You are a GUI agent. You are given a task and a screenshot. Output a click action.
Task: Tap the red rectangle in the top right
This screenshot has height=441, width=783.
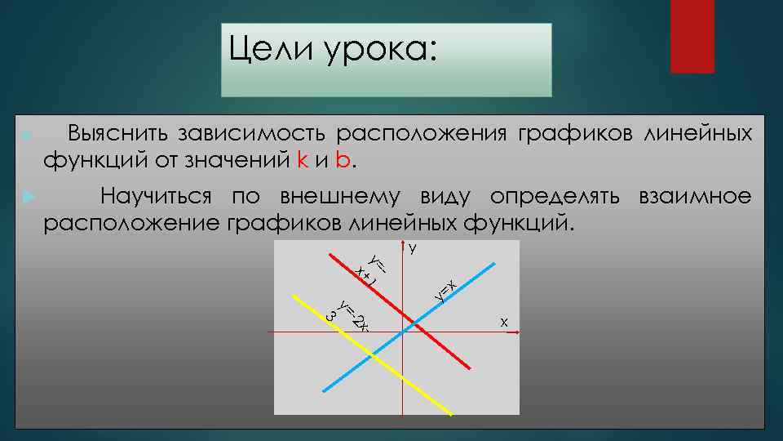pos(692,37)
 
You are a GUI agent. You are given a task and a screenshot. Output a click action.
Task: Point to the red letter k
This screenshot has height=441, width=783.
pos(302,159)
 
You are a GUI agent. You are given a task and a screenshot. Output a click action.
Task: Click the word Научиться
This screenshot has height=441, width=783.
pos(156,198)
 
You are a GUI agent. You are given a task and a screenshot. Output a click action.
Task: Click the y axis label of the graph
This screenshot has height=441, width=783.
pos(414,248)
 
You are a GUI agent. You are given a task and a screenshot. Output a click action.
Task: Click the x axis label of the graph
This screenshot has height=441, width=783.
pos(504,323)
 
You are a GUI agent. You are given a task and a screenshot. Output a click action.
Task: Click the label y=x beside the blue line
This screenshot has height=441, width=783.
pos(445,290)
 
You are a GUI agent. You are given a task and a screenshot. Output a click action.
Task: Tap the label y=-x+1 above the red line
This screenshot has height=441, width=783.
pos(372,269)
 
